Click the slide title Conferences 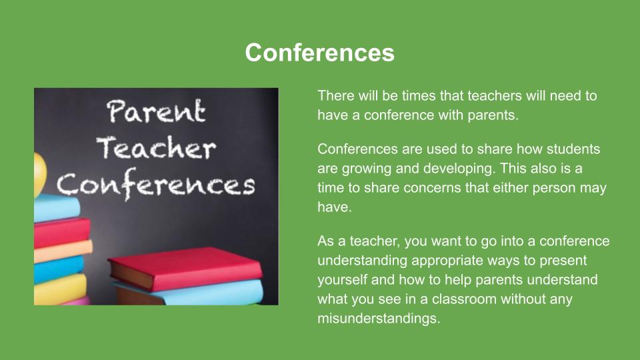(x=319, y=53)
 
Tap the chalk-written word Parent (x=156, y=111)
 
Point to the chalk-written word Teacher (x=156, y=147)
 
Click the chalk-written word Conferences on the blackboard (x=155, y=185)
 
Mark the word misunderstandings (x=379, y=319)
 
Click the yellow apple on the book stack (x=39, y=175)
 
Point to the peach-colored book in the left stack (x=63, y=251)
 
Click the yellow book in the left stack (x=61, y=289)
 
